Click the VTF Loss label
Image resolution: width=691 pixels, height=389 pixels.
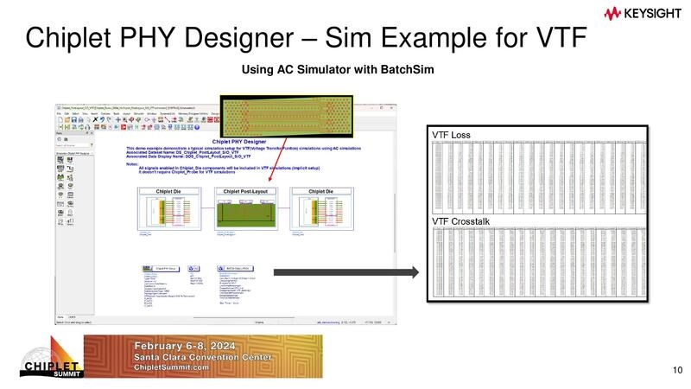coord(452,137)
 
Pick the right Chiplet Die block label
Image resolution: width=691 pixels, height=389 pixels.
coord(320,191)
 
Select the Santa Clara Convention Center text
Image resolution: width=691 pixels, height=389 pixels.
coord(204,357)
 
